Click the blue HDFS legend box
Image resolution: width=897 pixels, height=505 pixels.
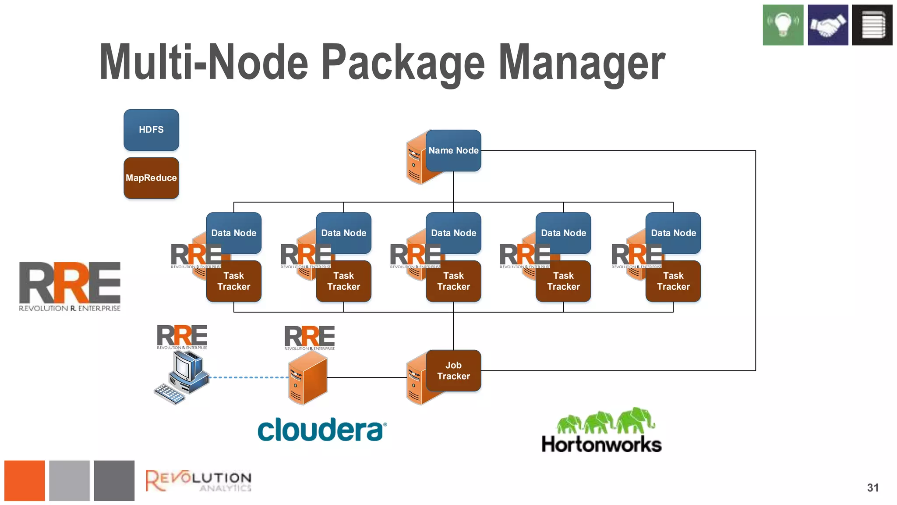pyautogui.click(x=151, y=130)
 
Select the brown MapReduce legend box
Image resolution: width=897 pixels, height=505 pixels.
pyautogui.click(x=151, y=178)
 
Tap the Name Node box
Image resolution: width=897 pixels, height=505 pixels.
pyautogui.click(x=453, y=150)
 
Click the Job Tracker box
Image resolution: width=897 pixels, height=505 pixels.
pyautogui.click(x=453, y=371)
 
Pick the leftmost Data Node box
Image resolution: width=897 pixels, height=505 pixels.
pyautogui.click(x=234, y=233)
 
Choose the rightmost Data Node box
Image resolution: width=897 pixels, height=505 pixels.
pyautogui.click(x=673, y=233)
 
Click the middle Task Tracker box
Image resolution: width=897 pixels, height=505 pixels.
pyautogui.click(x=453, y=281)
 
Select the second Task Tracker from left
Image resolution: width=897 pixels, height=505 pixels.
pyautogui.click(x=343, y=281)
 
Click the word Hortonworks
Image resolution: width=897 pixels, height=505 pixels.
pyautogui.click(x=601, y=444)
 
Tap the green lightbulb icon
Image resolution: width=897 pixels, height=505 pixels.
pyautogui.click(x=783, y=25)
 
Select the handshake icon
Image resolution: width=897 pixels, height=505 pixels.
pyautogui.click(x=828, y=25)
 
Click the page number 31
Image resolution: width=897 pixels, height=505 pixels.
pyautogui.click(x=872, y=488)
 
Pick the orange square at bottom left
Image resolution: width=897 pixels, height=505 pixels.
pyautogui.click(x=25, y=480)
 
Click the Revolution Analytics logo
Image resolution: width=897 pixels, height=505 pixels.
pyautogui.click(x=198, y=481)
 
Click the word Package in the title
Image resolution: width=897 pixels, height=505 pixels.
pyautogui.click(x=403, y=63)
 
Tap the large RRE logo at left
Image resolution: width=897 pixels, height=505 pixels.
pyautogui.click(x=70, y=286)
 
